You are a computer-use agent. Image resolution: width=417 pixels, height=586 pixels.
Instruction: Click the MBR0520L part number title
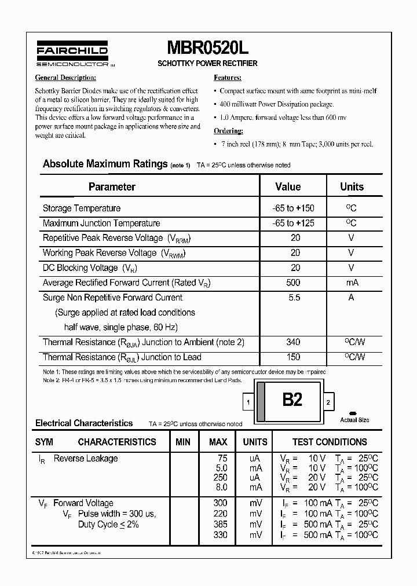coord(207,47)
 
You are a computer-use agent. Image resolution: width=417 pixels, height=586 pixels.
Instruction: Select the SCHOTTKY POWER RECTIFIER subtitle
coord(207,63)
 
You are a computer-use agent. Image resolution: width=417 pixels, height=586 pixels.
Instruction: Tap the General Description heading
coord(65,78)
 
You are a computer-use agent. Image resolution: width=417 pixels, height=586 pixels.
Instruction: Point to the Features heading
coord(227,78)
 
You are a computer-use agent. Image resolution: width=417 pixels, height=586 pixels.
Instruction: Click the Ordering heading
coord(228,130)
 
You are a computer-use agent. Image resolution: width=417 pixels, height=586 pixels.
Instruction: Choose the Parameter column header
coord(112,187)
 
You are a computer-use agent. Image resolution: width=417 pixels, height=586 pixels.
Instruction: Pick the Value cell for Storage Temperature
coord(293,208)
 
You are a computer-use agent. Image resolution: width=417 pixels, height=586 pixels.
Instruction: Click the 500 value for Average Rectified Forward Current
coord(293,283)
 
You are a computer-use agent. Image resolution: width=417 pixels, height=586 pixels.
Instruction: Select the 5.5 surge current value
coord(293,298)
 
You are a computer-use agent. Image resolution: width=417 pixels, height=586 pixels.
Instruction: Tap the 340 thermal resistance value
coord(293,343)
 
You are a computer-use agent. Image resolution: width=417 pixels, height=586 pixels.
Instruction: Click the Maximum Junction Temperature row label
coord(101,224)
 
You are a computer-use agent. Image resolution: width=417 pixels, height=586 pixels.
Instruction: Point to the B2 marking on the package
coord(292,400)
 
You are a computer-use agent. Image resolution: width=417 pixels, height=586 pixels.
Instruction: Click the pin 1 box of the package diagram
coord(248,402)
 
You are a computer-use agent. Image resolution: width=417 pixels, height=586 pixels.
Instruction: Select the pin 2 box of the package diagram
coord(328,402)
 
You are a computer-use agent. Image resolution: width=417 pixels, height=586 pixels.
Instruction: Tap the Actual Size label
coord(354,420)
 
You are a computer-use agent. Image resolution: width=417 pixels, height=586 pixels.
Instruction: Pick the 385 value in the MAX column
coord(220,525)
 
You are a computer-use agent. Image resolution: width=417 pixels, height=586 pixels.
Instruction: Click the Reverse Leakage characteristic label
coord(86,459)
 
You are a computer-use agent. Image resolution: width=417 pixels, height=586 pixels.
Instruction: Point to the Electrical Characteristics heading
coord(84,423)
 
